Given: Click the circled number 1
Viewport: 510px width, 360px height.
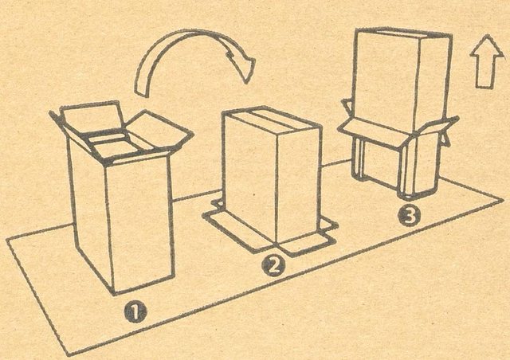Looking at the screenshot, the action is point(135,312).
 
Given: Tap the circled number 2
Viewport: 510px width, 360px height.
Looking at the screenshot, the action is point(273,265).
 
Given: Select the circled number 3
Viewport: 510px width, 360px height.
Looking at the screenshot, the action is point(410,216).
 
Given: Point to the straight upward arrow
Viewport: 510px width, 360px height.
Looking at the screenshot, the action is point(487,62).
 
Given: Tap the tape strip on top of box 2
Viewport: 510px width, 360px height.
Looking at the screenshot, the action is point(271,119).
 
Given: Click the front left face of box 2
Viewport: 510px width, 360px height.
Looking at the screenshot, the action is point(250,179).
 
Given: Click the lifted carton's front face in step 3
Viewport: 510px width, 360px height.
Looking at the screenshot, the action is point(386,80).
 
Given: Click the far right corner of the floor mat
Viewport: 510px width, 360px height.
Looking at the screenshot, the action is point(504,200).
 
